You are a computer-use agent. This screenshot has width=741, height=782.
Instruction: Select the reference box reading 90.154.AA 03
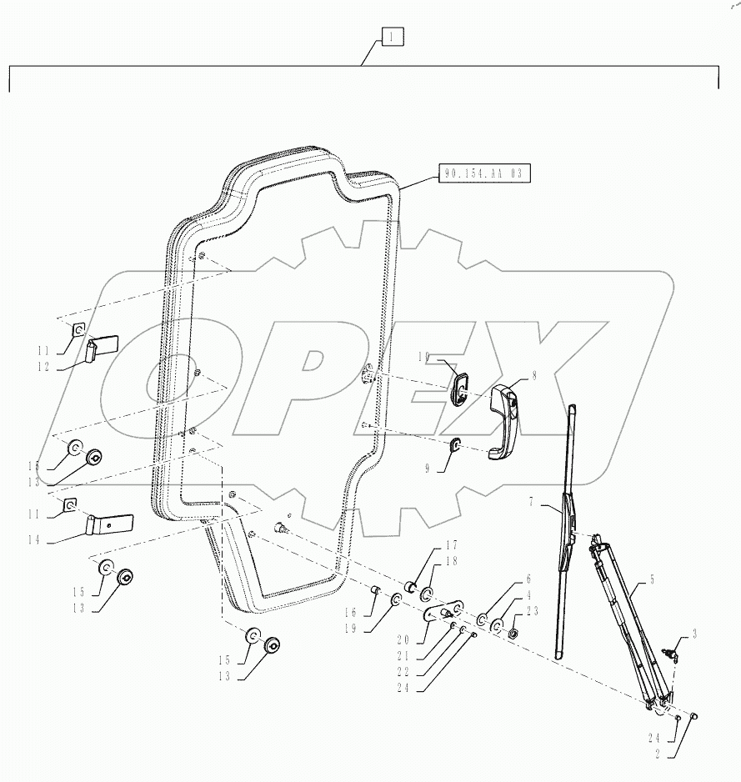pos(483,174)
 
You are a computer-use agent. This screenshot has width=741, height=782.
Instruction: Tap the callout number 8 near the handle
pos(533,376)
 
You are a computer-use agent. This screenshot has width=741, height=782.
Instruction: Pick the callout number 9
pos(428,469)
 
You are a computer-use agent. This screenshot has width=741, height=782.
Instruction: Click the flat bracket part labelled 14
pos(111,524)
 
